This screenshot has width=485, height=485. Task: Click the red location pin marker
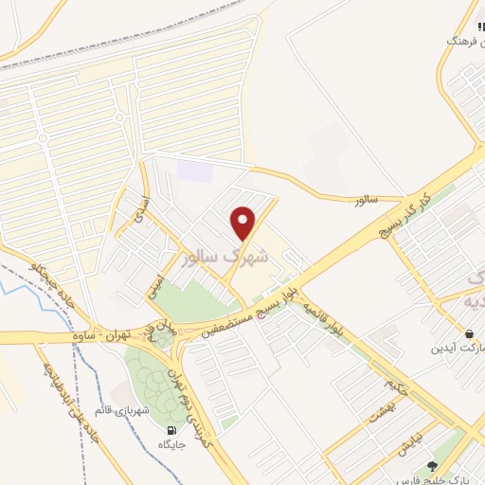pyautogui.click(x=244, y=223)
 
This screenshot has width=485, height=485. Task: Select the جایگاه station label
pyautogui.click(x=171, y=443)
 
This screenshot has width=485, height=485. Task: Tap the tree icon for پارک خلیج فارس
pyautogui.click(x=433, y=465)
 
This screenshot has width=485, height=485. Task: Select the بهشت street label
pyautogui.click(x=381, y=411)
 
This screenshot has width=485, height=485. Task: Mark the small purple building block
pyautogui.click(x=195, y=171)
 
